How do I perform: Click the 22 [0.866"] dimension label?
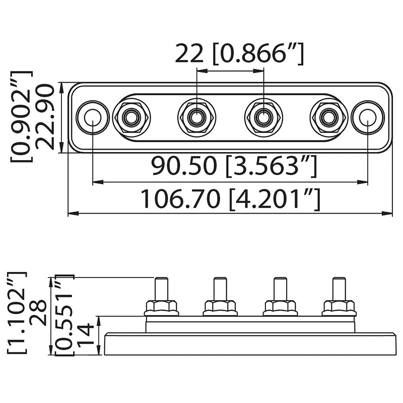tap(239, 54)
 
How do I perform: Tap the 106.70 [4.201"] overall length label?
tap(231, 198)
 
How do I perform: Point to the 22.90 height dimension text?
tap(44, 117)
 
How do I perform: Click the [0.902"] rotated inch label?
tap(22, 116)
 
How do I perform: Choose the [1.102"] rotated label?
tap(17, 312)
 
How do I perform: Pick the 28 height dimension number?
tap(38, 312)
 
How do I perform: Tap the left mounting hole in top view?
tap(93, 117)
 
